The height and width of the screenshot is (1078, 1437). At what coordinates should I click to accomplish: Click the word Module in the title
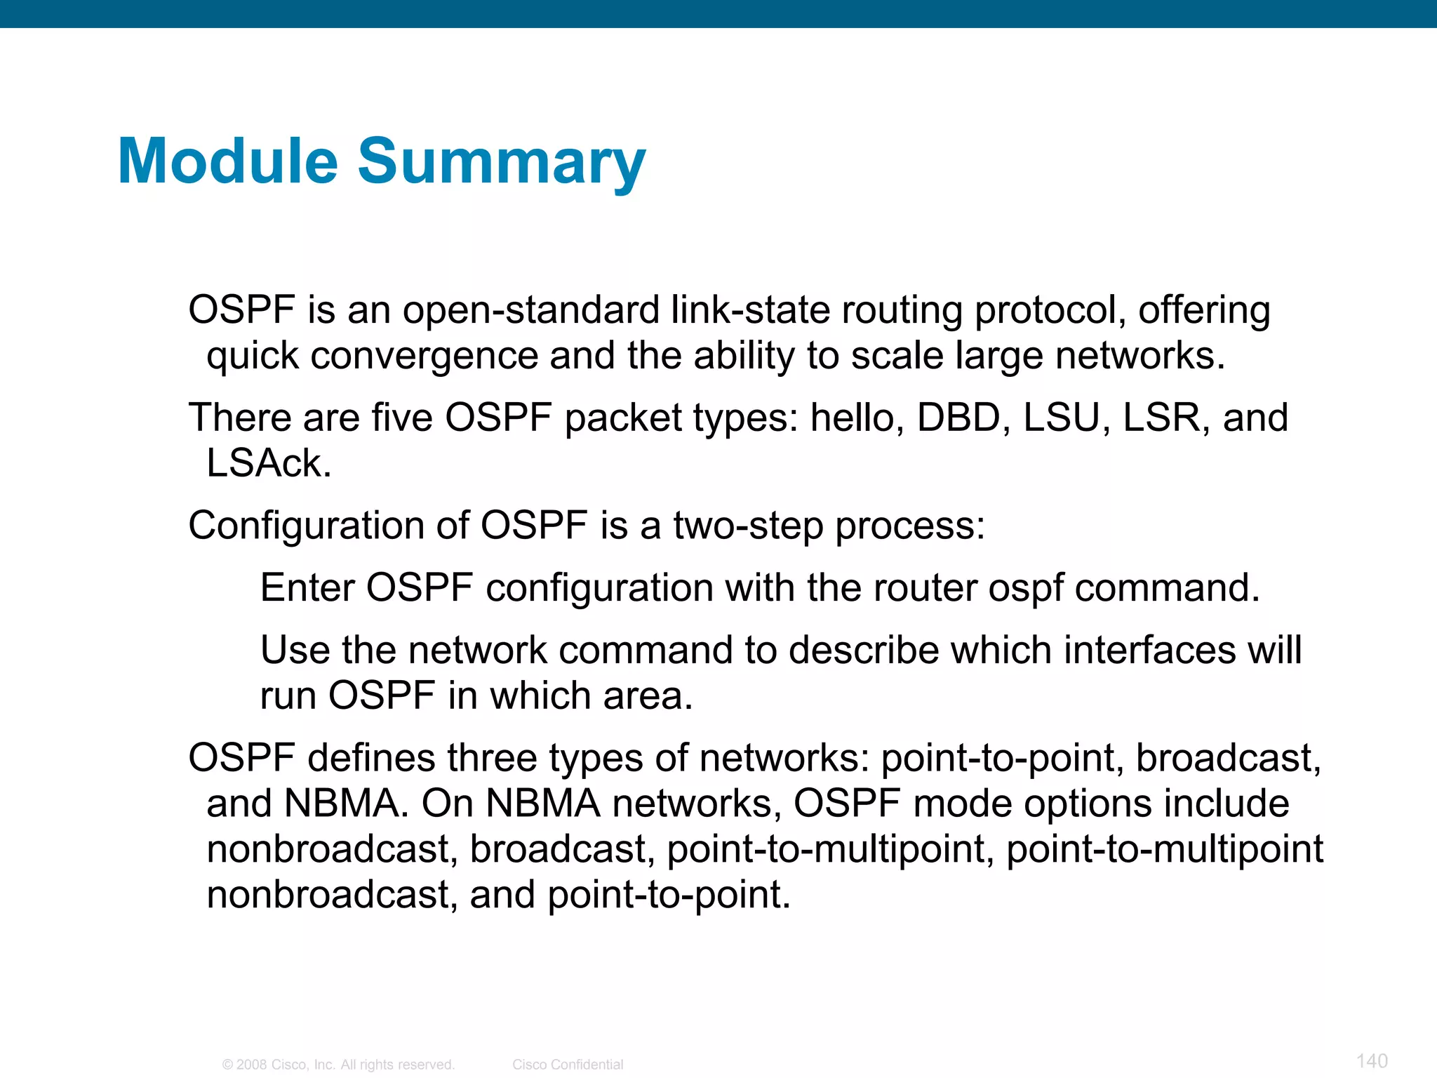(x=228, y=161)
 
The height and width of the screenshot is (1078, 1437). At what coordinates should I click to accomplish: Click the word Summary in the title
(x=502, y=163)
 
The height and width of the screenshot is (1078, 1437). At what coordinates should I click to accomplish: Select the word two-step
(x=748, y=526)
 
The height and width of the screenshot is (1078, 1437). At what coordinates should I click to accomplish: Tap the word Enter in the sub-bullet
(x=307, y=587)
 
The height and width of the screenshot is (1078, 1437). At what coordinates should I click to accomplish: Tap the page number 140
(x=1372, y=1060)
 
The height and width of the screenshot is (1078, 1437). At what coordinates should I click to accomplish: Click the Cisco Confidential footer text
(x=568, y=1065)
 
